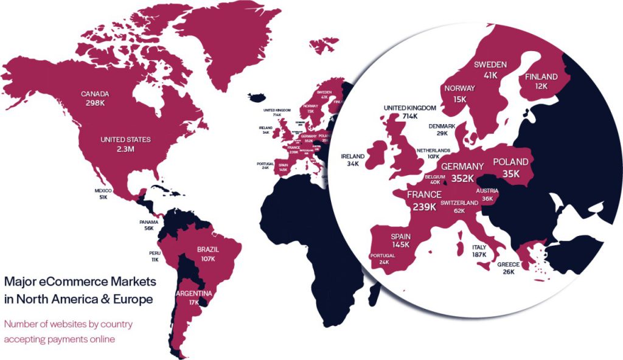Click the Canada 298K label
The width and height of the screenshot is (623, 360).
(95, 99)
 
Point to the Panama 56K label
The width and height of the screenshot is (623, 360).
(149, 225)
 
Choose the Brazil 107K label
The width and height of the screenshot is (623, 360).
(208, 254)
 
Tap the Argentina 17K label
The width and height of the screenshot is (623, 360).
(193, 298)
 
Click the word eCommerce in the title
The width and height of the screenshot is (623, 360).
(62, 282)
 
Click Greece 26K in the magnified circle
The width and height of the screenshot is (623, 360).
(508, 268)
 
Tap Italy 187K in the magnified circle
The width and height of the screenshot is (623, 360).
(479, 251)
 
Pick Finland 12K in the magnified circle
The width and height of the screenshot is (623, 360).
(541, 81)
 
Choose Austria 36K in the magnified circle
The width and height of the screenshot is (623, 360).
(487, 194)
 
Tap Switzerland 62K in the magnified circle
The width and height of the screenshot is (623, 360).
(459, 207)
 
